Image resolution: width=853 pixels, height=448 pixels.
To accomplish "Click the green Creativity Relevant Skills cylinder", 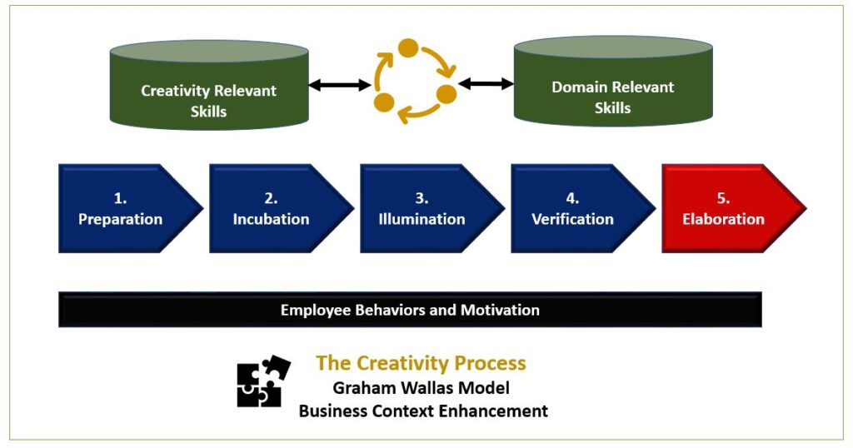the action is [209, 85].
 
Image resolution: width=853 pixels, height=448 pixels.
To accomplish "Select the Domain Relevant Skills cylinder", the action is [613, 82].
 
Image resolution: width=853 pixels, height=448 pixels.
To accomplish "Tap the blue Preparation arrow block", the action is [131, 208].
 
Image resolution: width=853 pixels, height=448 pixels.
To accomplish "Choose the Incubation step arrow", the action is [282, 208].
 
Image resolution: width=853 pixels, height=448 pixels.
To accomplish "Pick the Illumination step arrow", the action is [432, 208].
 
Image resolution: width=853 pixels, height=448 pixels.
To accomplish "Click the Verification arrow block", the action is [582, 208].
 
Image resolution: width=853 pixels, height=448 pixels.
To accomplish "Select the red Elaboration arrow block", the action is [733, 208].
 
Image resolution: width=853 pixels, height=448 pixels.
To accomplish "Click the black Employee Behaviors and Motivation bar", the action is [410, 310].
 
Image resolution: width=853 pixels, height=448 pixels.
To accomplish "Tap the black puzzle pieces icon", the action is [264, 381].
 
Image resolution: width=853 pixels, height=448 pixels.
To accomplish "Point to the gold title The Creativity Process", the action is [421, 362].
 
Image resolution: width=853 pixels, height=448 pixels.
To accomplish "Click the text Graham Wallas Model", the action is [421, 388].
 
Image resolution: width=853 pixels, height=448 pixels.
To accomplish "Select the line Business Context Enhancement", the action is [423, 411].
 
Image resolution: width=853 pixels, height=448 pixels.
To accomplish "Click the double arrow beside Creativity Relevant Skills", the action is [341, 84].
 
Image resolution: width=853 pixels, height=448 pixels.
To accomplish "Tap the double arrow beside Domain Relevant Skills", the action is [486, 84].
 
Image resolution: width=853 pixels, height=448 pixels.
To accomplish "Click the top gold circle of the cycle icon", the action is [408, 47].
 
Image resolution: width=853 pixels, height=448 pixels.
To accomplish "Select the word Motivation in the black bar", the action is [500, 310].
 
